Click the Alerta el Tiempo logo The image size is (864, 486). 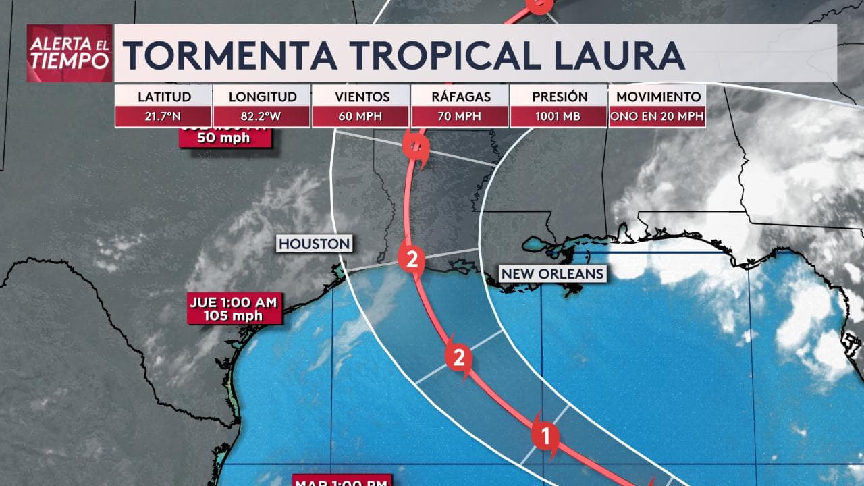pos(70,53)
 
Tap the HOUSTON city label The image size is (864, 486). pos(315,244)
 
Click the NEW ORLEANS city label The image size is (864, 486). pos(552,273)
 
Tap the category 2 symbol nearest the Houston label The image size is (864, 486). pos(411,259)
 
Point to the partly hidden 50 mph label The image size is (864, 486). pos(225,138)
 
